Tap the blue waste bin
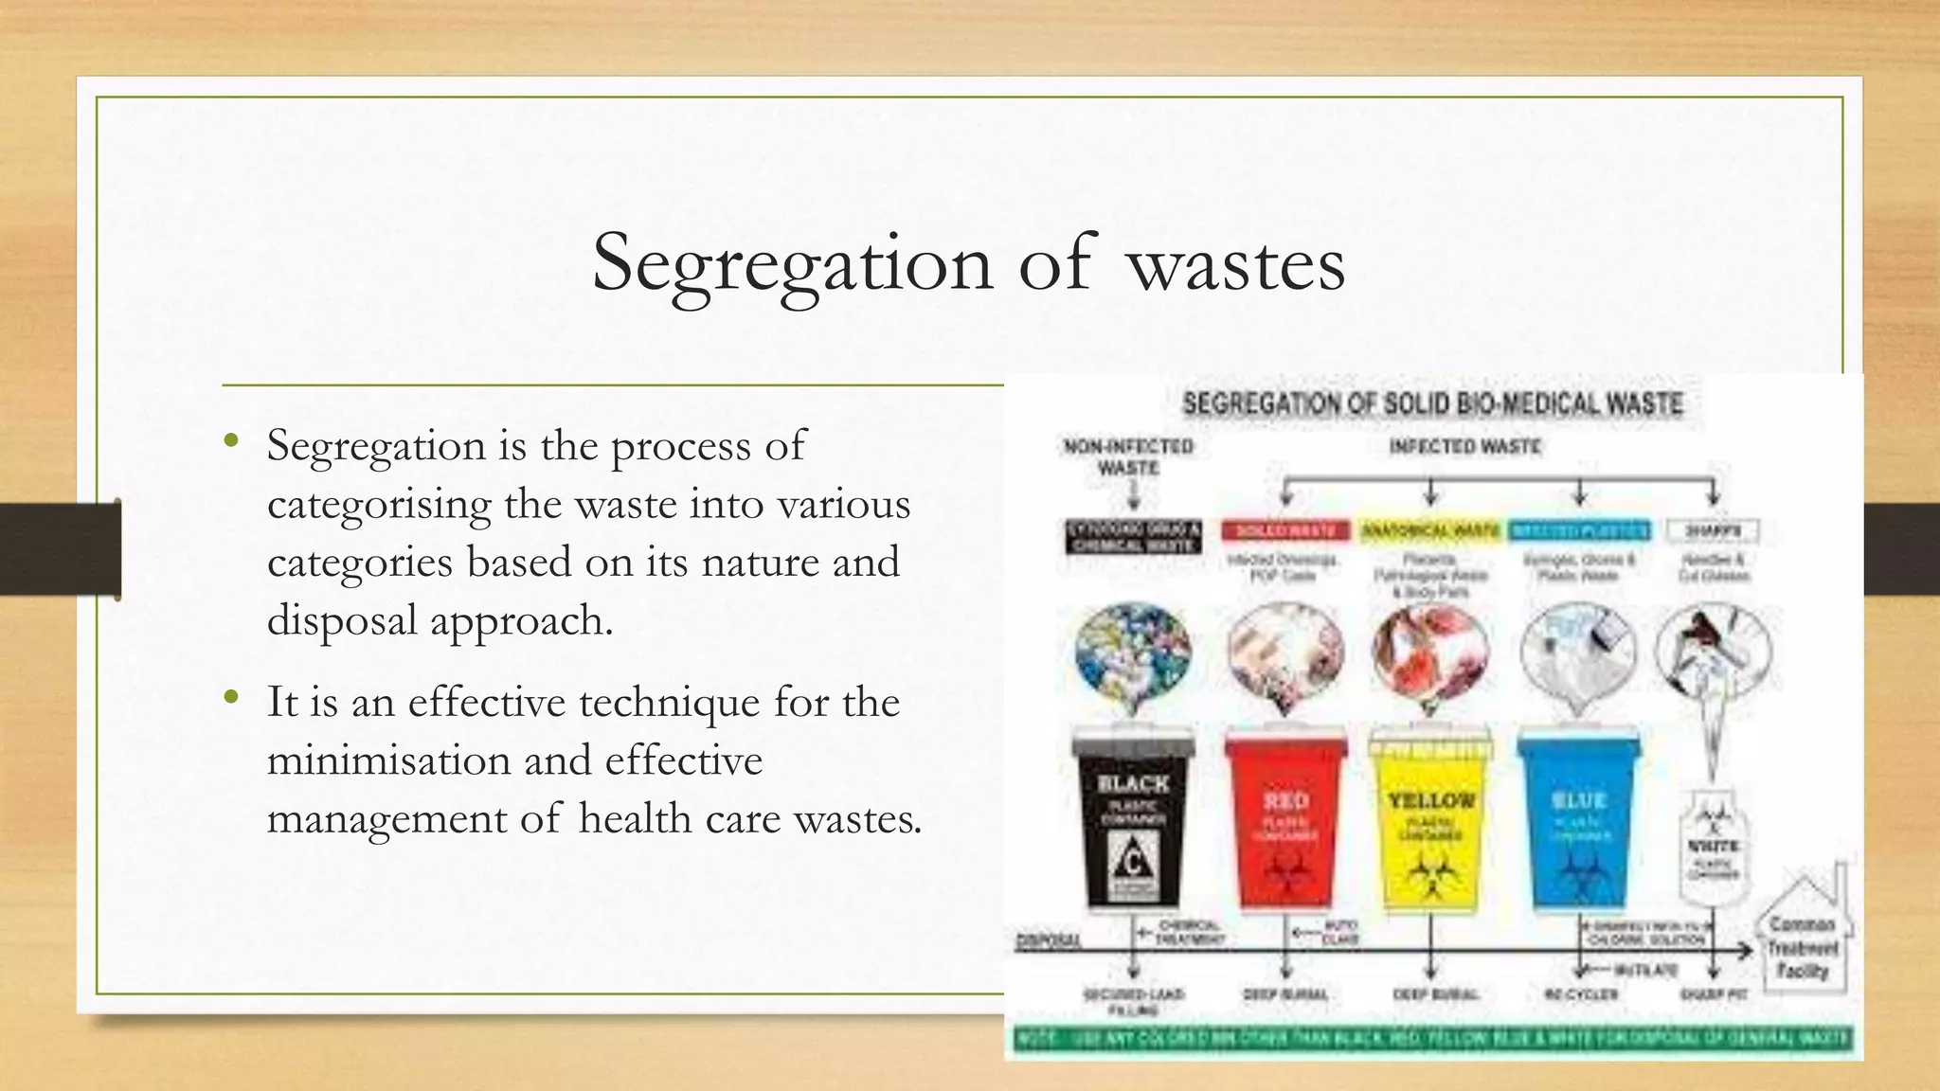point(1578,820)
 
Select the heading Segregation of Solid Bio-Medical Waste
point(1432,404)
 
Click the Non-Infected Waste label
point(1128,456)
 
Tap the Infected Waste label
point(1464,447)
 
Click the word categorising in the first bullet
point(379,505)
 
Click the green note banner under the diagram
point(1432,1039)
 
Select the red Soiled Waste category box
point(1284,531)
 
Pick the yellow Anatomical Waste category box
point(1430,531)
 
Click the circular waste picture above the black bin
point(1134,652)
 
